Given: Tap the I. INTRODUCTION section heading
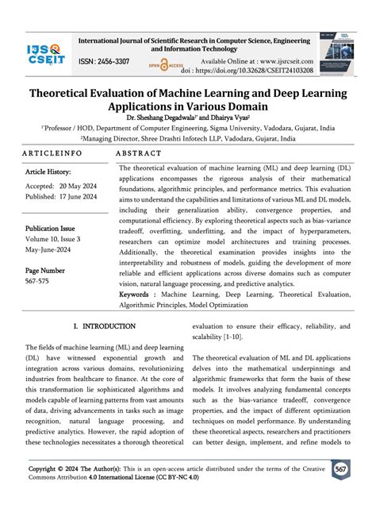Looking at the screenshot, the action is pos(105,326).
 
